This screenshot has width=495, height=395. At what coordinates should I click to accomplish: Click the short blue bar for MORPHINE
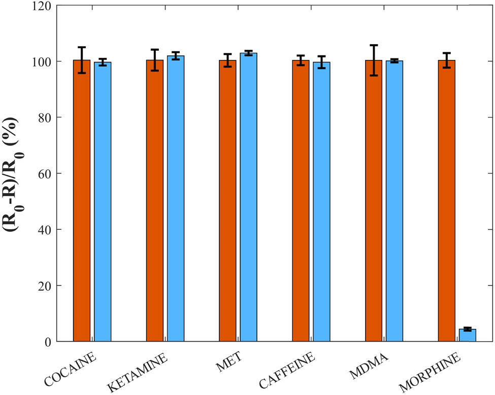pos(468,336)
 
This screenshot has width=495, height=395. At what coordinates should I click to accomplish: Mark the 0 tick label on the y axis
pos(48,342)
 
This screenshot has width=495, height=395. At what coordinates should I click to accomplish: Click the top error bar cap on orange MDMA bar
pos(374,45)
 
